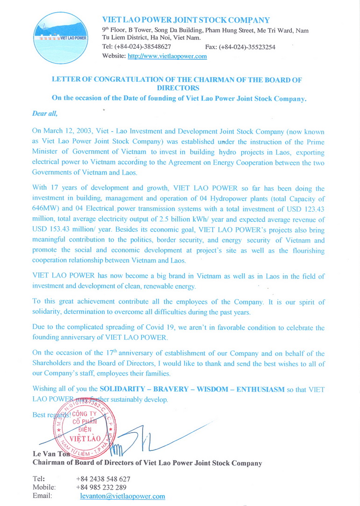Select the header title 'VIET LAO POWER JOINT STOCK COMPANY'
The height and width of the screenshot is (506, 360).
(186, 20)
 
